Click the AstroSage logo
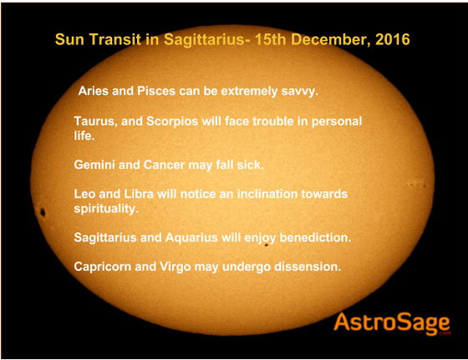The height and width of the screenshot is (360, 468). (391, 323)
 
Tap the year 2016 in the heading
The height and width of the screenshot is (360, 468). (391, 40)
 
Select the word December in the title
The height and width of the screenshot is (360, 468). (331, 40)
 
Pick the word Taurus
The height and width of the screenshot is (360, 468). (96, 122)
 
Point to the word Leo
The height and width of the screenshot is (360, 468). (86, 194)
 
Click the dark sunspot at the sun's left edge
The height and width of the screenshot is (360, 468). (42, 212)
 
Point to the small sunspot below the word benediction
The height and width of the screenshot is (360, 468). (266, 246)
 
